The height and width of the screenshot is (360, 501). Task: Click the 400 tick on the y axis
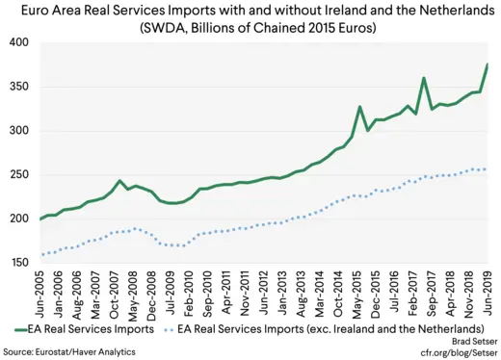18,43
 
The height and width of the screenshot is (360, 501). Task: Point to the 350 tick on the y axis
18,87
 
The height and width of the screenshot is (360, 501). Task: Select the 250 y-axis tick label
18,174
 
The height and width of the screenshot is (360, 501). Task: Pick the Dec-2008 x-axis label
154,291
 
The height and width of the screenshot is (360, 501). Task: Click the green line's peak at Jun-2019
487,64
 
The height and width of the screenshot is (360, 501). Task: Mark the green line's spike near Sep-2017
424,78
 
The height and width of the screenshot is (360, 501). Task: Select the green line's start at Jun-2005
40,219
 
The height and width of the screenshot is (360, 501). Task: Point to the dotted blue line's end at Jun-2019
487,169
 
